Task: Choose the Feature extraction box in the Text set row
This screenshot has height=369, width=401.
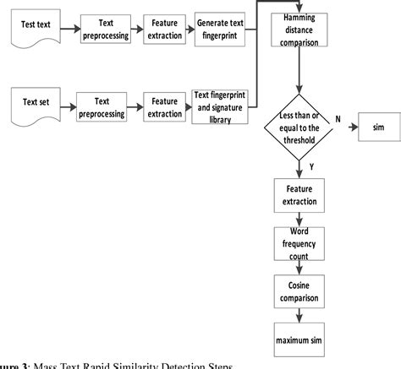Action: click(166, 107)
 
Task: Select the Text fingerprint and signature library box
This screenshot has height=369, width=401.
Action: click(220, 107)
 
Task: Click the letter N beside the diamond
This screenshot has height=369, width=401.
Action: click(337, 119)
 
